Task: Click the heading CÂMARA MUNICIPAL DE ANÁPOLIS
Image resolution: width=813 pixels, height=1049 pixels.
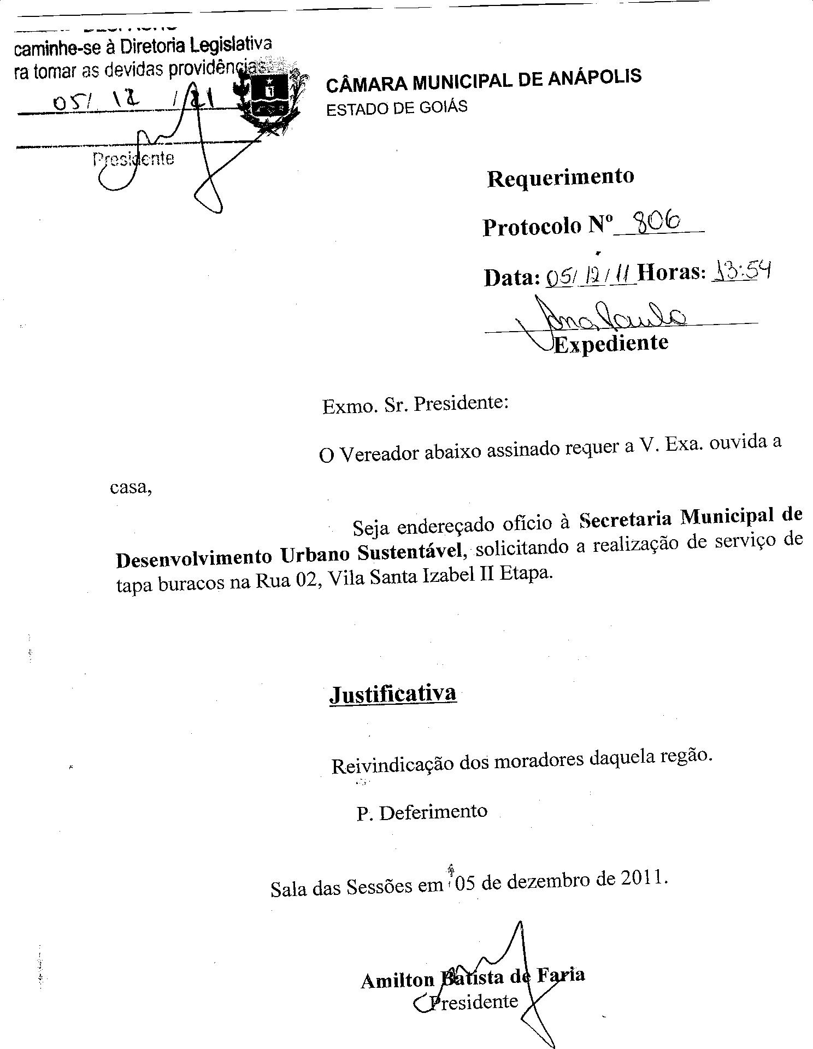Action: [484, 80]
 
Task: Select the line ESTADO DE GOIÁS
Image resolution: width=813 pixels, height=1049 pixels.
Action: [397, 107]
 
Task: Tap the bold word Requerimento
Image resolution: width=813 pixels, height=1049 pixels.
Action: [561, 178]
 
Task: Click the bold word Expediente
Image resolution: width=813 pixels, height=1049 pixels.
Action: [611, 343]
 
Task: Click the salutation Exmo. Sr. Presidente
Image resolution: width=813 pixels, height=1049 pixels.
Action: [415, 404]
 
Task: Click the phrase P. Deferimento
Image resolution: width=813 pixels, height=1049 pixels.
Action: [422, 812]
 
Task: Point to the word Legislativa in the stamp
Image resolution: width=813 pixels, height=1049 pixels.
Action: [230, 46]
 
